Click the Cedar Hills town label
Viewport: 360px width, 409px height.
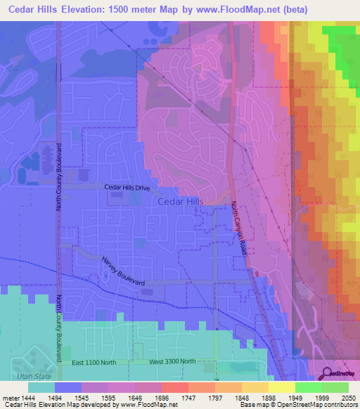coord(181,201)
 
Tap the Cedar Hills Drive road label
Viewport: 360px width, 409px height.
coord(127,188)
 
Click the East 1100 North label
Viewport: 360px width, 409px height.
coord(95,361)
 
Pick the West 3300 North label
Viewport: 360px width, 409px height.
coord(173,361)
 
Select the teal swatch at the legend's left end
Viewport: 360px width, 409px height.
coord(41,387)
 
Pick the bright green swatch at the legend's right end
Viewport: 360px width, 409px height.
coord(335,387)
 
